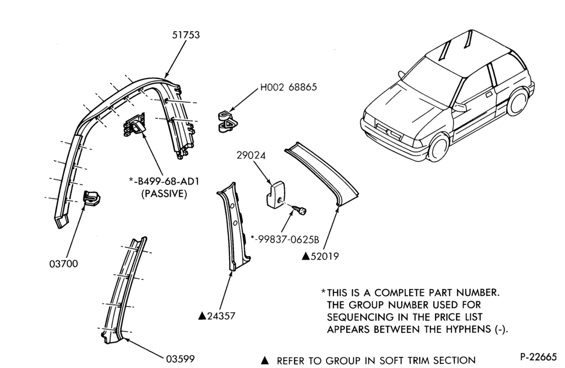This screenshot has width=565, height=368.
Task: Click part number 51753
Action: click(x=186, y=35)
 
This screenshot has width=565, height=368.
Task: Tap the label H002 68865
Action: click(x=289, y=87)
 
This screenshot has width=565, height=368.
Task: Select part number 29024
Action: click(x=251, y=156)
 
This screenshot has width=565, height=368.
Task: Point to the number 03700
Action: click(x=63, y=264)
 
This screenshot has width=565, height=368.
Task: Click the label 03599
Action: click(x=180, y=359)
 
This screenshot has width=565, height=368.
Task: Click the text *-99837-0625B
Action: click(x=285, y=239)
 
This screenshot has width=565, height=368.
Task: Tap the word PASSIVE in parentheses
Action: click(x=164, y=194)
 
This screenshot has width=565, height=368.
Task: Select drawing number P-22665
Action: click(x=538, y=357)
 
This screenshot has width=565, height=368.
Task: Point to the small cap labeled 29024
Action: click(x=276, y=195)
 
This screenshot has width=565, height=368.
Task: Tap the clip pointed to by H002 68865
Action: click(x=228, y=121)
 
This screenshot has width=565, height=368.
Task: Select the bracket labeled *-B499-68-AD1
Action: click(x=135, y=124)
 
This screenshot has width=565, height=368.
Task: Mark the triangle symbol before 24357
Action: click(x=202, y=316)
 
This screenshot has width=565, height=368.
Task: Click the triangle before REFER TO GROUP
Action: click(x=265, y=360)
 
